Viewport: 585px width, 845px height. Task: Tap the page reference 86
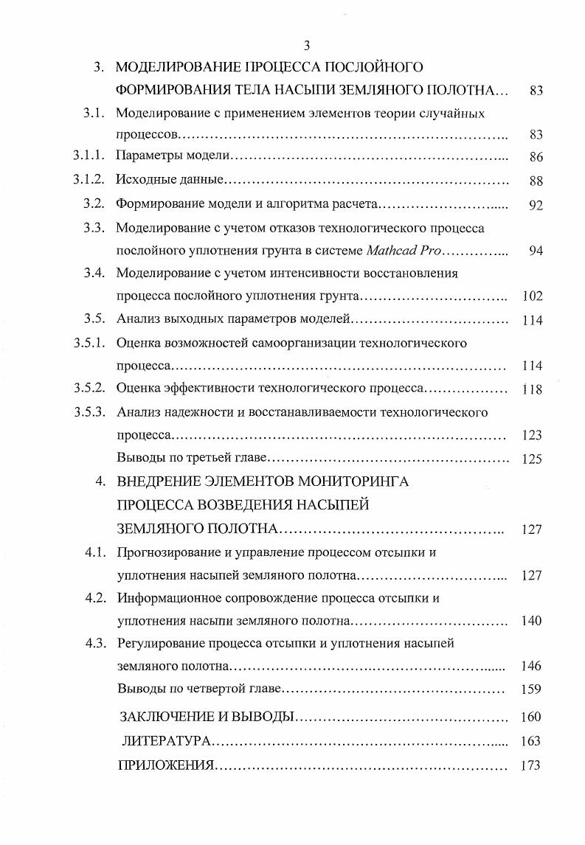[x=536, y=157]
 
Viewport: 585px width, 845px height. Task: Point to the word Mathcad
[x=392, y=251]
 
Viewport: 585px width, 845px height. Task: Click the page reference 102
[x=532, y=296]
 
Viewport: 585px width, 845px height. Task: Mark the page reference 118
[x=532, y=389]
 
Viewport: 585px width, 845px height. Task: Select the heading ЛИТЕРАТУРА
[x=167, y=741]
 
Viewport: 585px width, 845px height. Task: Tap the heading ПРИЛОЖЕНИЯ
[x=166, y=765]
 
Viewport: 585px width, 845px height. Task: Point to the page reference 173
[x=530, y=765]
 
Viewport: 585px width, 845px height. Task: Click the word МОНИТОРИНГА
[x=355, y=482]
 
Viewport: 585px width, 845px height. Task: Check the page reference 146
[x=531, y=667]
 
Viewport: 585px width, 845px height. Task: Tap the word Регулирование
[x=157, y=643]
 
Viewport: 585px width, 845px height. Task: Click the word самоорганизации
[x=312, y=343]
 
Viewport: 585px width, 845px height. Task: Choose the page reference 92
[x=536, y=206]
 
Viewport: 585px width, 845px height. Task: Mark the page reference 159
[x=531, y=690]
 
